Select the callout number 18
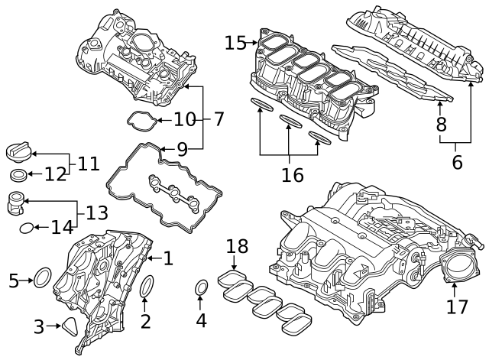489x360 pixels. [238, 246]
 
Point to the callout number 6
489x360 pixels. [457, 161]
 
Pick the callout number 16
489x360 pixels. [292, 175]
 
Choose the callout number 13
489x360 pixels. [96, 212]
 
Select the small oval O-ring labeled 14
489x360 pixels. [25, 227]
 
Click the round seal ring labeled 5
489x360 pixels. [44, 278]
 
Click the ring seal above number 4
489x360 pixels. [201, 289]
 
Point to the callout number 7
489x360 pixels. [219, 119]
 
